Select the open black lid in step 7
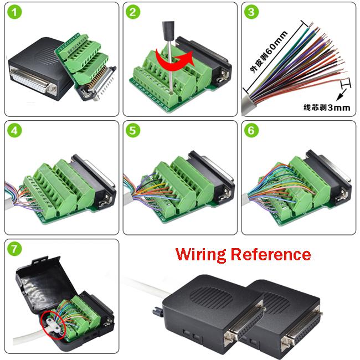(x=39, y=277)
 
